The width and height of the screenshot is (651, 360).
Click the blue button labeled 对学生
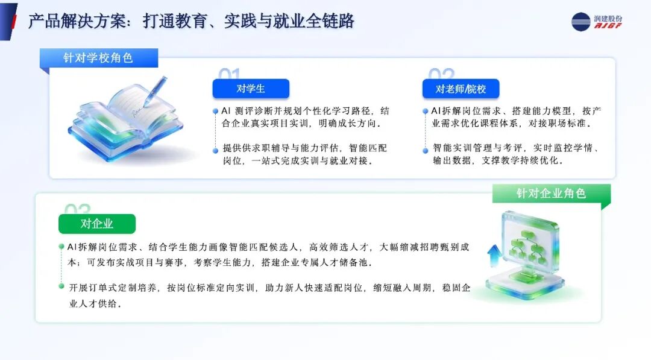pos(251,89)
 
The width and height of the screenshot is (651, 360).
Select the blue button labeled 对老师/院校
pos(461,89)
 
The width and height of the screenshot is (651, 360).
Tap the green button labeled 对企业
pos(96,224)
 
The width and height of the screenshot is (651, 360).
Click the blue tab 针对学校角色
pos(99,58)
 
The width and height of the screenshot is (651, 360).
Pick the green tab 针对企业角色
pos(552,194)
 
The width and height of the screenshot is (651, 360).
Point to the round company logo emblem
pos(581,22)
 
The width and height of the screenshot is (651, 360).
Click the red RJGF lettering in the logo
pos(608,26)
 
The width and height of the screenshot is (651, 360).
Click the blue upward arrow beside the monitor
pos(494,255)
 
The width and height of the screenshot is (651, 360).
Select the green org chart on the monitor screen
pos(527,248)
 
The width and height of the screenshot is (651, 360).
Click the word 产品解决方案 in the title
pos(77,21)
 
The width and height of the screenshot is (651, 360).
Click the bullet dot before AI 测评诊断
pos(215,112)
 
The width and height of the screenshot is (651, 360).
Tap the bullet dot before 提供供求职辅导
pos(215,151)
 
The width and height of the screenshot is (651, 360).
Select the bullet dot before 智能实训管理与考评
pos(425,151)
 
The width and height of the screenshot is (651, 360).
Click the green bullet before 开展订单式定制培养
pos(61,286)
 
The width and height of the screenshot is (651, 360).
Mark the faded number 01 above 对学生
pos(230,74)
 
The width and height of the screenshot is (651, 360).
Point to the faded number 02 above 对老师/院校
pos(441,74)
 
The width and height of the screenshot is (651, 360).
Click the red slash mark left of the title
pos(14,22)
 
